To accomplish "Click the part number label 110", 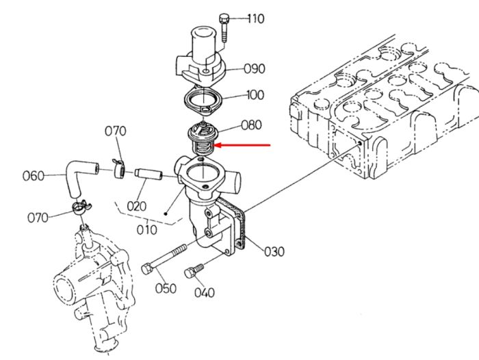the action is pos(256,18).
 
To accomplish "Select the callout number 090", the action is pos(254,68).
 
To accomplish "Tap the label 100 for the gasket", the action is pos(255,95).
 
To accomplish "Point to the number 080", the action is pos(251,125).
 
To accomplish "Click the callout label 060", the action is pos(34,176).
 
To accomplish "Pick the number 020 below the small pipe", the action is pos(137,206).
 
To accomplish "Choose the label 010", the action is pos(146,230).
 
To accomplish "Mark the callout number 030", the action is pos(274,252).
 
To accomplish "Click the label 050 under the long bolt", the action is pos(166,289).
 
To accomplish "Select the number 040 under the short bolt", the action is pos(205,293).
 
